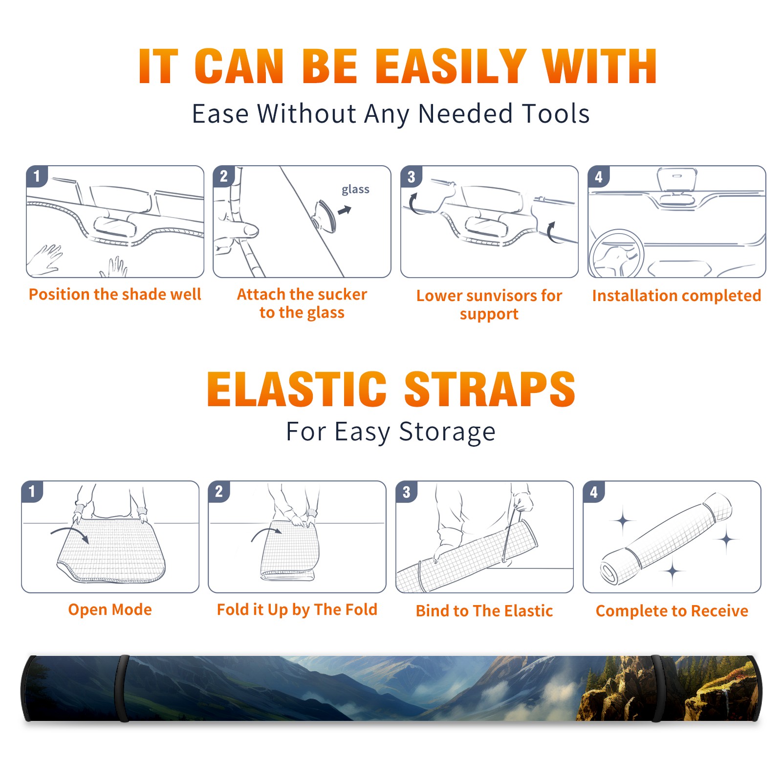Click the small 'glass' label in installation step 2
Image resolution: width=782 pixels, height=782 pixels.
(355, 190)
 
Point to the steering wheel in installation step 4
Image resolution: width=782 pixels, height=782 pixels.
(617, 254)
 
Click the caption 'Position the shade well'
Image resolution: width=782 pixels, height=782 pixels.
(115, 294)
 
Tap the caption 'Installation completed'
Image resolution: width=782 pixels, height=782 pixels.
(676, 296)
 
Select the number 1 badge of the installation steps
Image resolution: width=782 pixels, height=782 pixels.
(37, 176)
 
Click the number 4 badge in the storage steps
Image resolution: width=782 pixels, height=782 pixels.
(594, 492)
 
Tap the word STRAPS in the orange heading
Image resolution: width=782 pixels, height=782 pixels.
(490, 389)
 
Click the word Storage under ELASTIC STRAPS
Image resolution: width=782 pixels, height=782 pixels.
(447, 432)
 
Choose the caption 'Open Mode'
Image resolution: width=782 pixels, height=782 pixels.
(110, 610)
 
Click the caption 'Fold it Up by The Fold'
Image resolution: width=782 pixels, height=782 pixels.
(297, 610)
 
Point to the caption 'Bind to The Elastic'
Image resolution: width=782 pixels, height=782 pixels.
(484, 611)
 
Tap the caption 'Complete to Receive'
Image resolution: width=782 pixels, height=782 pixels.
(672, 611)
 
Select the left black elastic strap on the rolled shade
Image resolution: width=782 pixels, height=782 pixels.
(122, 689)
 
